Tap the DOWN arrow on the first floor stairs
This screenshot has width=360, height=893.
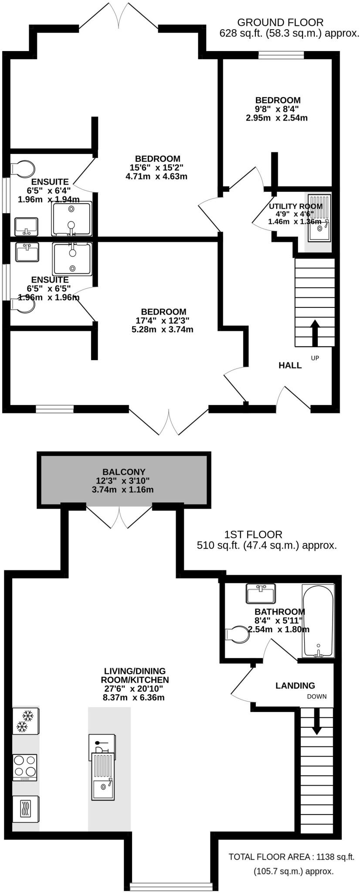pos(316,721)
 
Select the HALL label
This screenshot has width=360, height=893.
pos(290,365)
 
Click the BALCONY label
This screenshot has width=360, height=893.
pos(124,472)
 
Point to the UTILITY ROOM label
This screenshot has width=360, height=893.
pos(295,206)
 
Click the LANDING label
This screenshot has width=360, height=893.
pos(295,685)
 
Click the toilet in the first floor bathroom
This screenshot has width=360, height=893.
pos(238,634)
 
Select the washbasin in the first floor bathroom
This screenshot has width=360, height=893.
pos(261,593)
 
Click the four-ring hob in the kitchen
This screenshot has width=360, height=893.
pos(25,767)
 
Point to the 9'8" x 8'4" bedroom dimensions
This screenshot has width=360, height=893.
pos(277,109)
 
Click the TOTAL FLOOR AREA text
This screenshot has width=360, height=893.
pos(292,857)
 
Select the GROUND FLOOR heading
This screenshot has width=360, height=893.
pos(280,22)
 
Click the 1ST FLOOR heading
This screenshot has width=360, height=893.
pos(253,534)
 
